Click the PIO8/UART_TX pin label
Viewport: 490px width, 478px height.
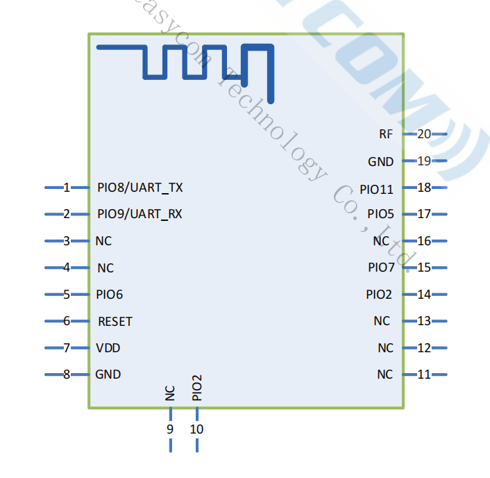[140, 188]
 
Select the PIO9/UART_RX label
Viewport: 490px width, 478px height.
[140, 214]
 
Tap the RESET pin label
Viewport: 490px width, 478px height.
[115, 322]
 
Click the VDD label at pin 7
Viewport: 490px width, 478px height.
[108, 348]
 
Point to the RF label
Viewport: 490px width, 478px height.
[386, 134]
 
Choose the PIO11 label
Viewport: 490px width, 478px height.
[376, 189]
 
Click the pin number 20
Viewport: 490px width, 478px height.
[423, 134]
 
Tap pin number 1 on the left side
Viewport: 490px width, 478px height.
[67, 188]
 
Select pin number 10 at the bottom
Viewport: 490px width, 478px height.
[196, 429]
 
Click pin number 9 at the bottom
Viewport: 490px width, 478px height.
[170, 429]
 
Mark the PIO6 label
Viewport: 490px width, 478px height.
[110, 295]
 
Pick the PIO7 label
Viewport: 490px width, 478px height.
[381, 267]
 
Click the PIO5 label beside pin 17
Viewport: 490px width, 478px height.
[380, 214]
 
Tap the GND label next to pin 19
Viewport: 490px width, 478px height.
[380, 162]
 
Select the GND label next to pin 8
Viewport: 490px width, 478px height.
[108, 374]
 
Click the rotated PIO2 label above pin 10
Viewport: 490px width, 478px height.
[197, 388]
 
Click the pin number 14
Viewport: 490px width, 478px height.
[423, 295]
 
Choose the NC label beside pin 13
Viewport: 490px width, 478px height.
[382, 321]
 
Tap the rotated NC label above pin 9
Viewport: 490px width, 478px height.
[170, 393]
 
